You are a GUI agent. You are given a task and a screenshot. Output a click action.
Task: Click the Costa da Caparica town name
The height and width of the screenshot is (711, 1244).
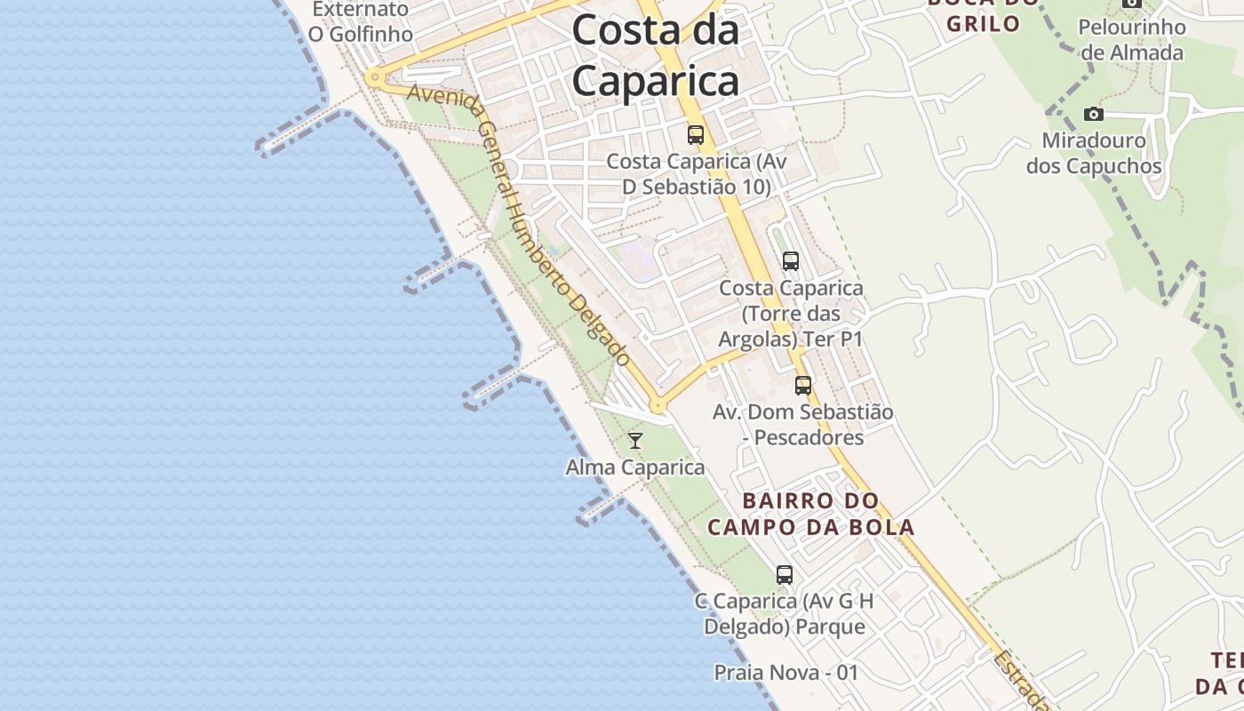[656, 55]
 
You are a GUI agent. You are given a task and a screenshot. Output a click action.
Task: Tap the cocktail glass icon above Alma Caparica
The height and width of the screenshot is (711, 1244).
[635, 440]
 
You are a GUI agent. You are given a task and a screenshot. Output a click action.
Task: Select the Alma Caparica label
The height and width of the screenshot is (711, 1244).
[635, 467]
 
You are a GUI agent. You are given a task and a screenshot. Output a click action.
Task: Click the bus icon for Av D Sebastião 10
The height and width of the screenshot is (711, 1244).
[696, 135]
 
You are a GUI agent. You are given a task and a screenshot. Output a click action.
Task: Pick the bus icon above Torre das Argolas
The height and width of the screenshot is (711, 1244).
[790, 261]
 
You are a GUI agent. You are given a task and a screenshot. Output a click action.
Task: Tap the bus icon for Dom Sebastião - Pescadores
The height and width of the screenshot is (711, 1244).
[803, 385]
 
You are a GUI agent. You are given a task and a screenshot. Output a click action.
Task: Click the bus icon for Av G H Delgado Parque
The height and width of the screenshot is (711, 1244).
[785, 574]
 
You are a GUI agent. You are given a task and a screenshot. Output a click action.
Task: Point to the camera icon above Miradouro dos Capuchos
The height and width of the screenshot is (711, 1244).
[1094, 114]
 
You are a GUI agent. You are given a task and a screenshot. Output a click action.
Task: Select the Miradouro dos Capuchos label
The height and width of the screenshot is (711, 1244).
[1094, 153]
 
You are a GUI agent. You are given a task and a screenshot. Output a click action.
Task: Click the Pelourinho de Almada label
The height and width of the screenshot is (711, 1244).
[1131, 39]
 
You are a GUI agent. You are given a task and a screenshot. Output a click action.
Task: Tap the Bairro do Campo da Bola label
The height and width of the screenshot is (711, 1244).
[810, 514]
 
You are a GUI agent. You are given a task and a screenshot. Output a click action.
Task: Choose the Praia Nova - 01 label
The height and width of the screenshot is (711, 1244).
[786, 673]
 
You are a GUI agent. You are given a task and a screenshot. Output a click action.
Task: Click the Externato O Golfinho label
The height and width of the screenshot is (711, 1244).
[360, 21]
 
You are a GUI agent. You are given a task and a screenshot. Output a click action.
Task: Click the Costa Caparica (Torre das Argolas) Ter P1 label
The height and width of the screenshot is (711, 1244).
[791, 314]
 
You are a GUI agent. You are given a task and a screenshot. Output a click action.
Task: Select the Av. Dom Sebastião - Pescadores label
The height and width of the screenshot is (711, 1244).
[803, 425]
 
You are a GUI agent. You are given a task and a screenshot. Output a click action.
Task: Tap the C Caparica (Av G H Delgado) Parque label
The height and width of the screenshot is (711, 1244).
[785, 614]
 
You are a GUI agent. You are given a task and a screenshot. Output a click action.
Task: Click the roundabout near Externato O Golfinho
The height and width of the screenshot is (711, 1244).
[375, 77]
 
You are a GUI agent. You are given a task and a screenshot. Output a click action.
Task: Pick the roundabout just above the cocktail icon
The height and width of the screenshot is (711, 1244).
[658, 405]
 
